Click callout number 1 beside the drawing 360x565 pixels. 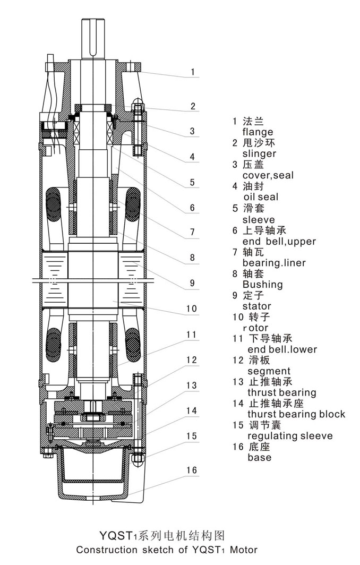click(193, 72)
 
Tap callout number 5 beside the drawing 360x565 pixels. click(192, 182)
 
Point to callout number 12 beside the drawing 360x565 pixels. click(192, 360)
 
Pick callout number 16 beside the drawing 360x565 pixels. click(192, 470)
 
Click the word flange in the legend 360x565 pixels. click(258, 132)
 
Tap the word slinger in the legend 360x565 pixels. click(259, 153)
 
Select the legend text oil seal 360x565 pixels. click(260, 197)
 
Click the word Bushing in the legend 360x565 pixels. click(262, 284)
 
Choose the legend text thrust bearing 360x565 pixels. click(281, 392)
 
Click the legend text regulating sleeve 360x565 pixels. click(290, 436)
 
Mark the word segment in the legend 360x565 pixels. click(269, 371)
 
